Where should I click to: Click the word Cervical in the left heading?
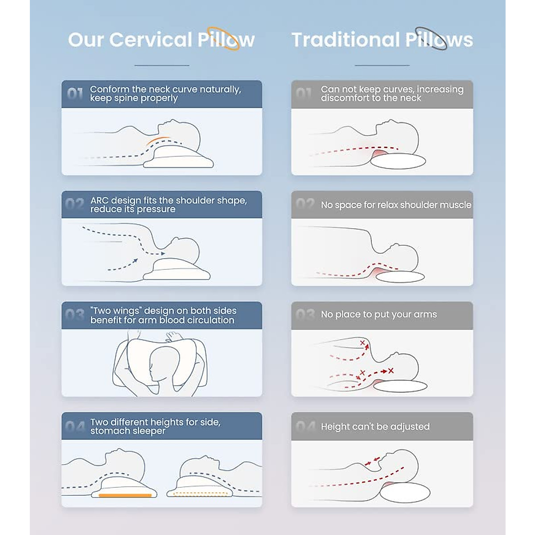tap(151, 40)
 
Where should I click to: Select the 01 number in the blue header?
tap(75, 94)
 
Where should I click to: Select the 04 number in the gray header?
tap(305, 427)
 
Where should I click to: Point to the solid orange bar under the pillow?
tap(124, 495)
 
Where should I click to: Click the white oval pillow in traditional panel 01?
tap(398, 161)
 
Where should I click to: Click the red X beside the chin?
tap(391, 370)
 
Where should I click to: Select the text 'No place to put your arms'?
tap(379, 314)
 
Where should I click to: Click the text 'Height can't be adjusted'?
tap(375, 427)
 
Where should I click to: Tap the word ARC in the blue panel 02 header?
tap(99, 201)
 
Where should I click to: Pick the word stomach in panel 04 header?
tap(108, 431)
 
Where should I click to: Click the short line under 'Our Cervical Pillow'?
tap(162, 66)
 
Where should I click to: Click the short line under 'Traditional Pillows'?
tap(382, 66)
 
